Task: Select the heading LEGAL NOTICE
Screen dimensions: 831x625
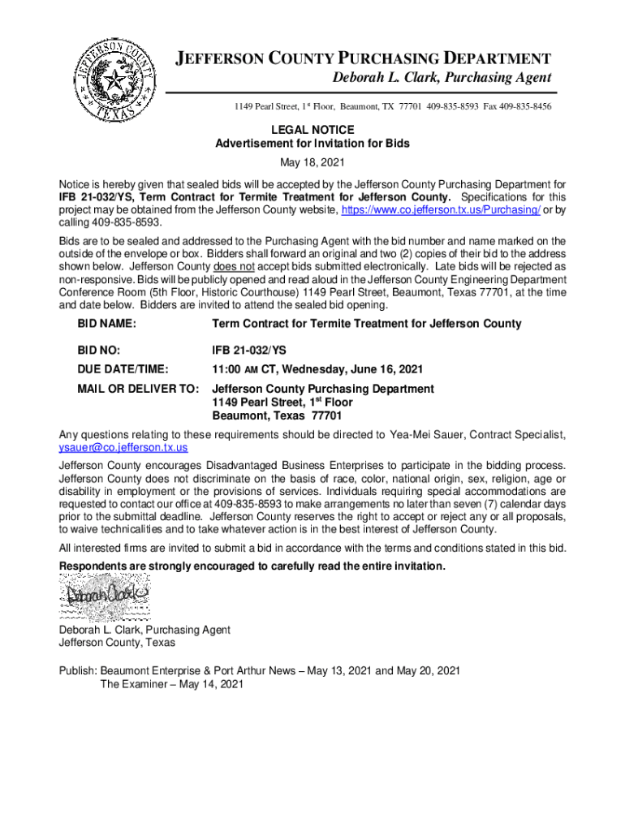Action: click(312, 130)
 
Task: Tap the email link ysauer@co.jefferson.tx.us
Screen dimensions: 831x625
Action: click(123, 447)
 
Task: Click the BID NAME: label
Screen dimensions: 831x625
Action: click(106, 324)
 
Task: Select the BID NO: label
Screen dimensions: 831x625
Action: click(99, 351)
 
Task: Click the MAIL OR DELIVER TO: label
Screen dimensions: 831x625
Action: click(137, 390)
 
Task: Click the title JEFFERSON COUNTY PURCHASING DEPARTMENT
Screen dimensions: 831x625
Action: click(364, 58)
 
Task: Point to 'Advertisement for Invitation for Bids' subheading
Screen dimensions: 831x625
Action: click(312, 144)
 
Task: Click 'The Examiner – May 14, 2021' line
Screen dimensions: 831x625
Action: click(171, 684)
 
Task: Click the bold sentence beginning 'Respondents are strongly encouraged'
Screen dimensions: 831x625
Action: click(252, 566)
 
